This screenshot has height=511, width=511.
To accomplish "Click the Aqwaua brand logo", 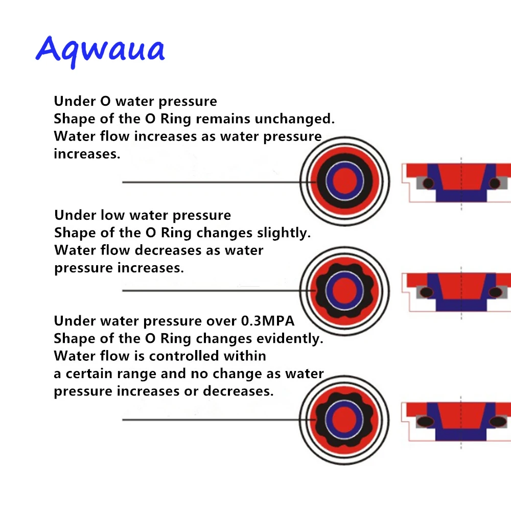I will click(100, 50).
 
